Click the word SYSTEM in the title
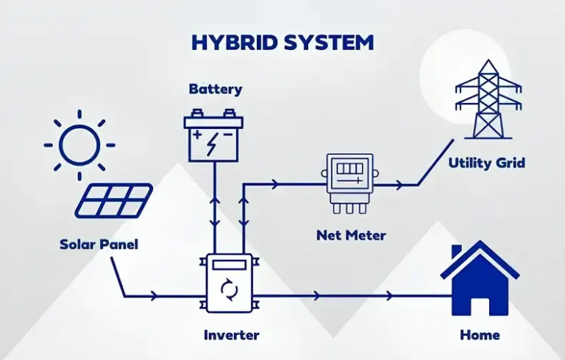[327, 42]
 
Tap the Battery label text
[216, 90]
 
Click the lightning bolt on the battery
[213, 143]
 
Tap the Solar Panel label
[99, 244]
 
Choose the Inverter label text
[232, 335]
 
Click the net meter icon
[349, 182]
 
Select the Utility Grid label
[487, 163]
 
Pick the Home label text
[480, 335]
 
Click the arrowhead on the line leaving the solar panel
[154, 297]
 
